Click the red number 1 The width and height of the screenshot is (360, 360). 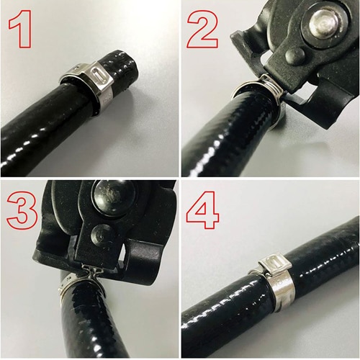21,29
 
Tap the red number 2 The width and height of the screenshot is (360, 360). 203,30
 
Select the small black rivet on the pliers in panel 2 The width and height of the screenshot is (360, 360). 295,55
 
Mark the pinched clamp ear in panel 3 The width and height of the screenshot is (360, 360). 92,271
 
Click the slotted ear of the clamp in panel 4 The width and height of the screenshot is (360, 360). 275,264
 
